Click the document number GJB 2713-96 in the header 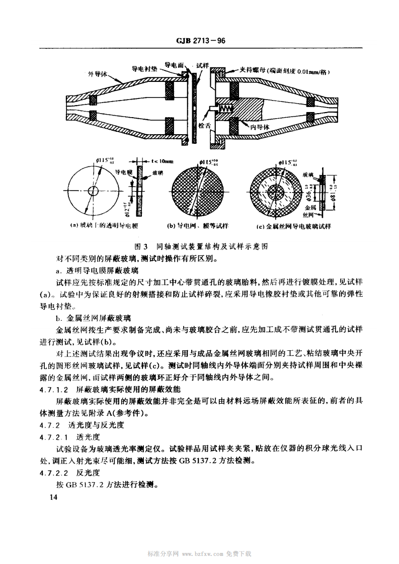199,41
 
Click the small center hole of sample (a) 93,191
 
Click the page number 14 51,497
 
